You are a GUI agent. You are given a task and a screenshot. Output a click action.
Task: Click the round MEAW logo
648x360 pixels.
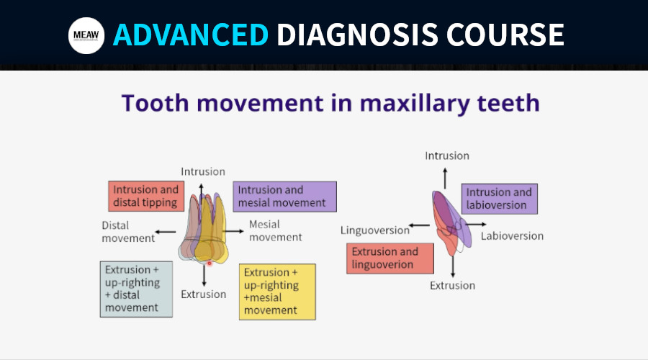point(86,35)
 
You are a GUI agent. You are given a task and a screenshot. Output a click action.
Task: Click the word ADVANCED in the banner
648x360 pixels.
point(191,35)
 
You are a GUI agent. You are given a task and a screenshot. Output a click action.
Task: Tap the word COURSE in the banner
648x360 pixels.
point(505,35)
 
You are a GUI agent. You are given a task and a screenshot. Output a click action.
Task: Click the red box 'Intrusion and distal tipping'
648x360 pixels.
point(146,196)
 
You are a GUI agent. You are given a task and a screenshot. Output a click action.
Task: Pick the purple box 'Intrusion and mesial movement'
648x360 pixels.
point(284,197)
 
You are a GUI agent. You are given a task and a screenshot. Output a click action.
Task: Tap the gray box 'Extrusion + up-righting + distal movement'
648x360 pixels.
point(136,289)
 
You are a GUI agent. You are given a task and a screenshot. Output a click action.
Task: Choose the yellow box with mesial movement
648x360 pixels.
point(277,292)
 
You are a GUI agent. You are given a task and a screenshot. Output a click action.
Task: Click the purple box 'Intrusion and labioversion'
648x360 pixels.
point(499,199)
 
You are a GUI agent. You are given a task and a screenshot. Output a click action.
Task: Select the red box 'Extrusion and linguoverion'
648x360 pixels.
point(390,258)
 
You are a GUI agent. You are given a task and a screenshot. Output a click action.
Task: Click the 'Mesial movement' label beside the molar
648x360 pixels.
point(276,230)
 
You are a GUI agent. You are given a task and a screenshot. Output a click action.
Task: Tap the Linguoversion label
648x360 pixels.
point(375,230)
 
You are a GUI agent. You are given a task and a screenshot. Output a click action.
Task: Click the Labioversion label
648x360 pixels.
point(512,236)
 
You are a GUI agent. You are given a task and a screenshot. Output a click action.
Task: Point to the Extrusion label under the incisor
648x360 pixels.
point(453,286)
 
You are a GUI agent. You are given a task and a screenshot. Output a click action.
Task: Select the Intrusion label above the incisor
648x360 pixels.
point(447,156)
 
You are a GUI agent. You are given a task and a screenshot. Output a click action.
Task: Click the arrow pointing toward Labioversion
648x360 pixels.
point(476,225)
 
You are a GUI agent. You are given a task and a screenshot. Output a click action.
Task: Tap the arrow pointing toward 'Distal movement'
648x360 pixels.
point(166,232)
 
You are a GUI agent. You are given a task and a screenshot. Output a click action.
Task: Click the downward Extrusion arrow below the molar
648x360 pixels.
point(204,276)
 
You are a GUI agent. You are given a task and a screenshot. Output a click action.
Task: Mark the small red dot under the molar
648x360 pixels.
point(210,264)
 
